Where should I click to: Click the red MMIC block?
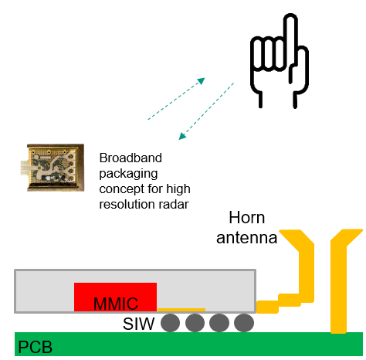click(115, 297)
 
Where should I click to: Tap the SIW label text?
click(138, 324)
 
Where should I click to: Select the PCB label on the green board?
click(36, 347)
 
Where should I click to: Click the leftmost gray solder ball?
click(171, 323)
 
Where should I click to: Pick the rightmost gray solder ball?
click(244, 323)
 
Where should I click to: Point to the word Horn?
click(247, 218)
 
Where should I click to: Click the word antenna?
click(247, 238)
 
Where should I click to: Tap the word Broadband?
click(130, 158)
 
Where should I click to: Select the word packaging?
click(128, 174)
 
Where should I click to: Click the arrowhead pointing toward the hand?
click(201, 81)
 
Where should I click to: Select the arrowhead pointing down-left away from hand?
click(182, 136)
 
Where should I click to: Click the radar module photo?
click(53, 168)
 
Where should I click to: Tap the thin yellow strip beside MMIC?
click(181, 310)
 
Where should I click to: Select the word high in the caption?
click(178, 189)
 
